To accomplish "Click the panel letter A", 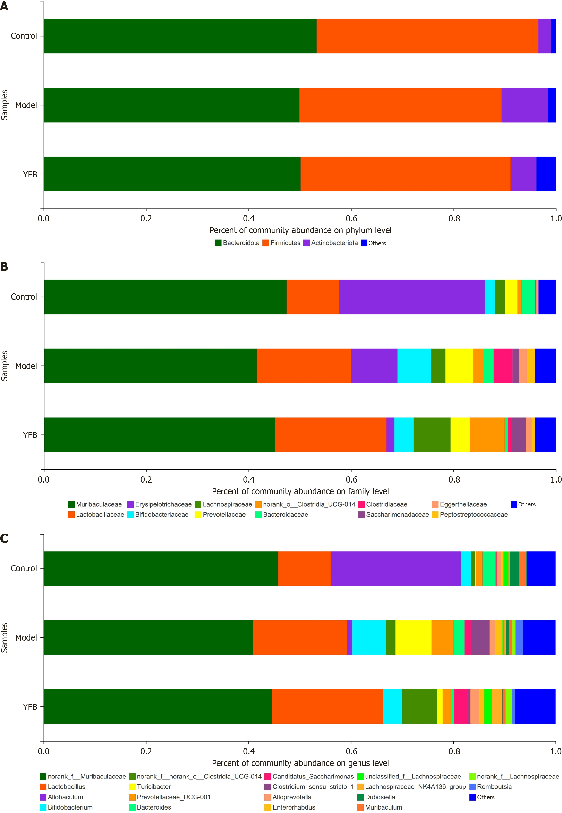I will (4, 6).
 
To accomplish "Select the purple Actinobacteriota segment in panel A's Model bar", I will (524, 105).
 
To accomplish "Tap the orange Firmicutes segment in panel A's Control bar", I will (427, 36).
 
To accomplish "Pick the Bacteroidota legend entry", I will (237, 243).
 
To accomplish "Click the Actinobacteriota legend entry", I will (330, 243).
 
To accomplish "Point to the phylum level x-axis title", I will (300, 230).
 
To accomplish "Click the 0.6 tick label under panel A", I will (351, 219).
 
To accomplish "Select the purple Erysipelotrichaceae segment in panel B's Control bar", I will (411, 297).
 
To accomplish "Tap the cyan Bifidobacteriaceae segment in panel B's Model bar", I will (414, 366).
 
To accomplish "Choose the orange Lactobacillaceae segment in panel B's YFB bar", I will (330, 435).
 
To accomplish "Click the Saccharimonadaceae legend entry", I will (393, 514).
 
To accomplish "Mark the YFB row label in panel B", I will (30, 435).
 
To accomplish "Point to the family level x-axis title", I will (300, 491).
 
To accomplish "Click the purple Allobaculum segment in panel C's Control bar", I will (395, 568).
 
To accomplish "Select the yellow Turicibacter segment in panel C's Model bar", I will (413, 637).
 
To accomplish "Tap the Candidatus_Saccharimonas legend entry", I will (309, 776).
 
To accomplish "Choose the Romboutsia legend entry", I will (491, 786).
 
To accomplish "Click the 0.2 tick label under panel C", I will (146, 751).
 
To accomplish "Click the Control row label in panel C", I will (24, 568).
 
